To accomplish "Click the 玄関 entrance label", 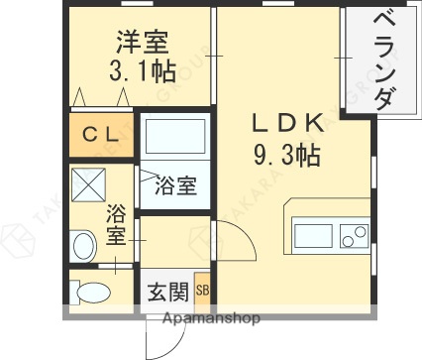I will pyautogui.click(x=167, y=292).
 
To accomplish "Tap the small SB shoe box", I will pyautogui.click(x=202, y=291).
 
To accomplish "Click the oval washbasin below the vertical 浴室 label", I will pyautogui.click(x=84, y=241).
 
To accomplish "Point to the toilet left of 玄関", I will pyautogui.click(x=95, y=293).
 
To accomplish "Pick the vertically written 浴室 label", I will pyautogui.click(x=115, y=223).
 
